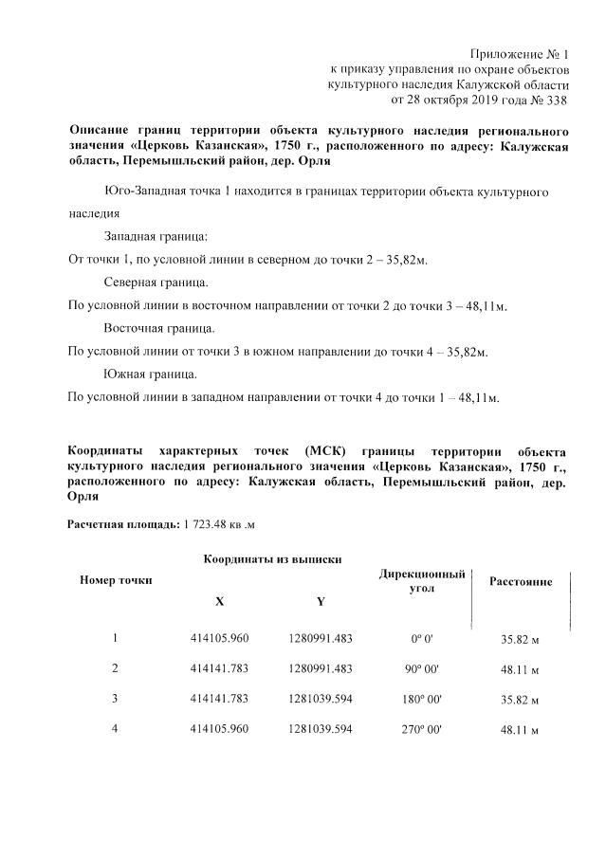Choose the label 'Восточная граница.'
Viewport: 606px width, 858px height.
(x=159, y=329)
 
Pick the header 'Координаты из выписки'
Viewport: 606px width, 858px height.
(x=272, y=559)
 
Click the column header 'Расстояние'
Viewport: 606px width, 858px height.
(x=520, y=581)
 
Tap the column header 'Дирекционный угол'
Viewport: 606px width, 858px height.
(x=422, y=581)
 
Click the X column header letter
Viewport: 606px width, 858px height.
(x=220, y=601)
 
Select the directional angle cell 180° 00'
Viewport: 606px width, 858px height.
(x=421, y=700)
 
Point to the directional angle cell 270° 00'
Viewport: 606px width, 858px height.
(x=421, y=730)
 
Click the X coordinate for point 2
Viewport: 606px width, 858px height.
(x=219, y=668)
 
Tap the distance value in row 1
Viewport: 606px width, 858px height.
(x=520, y=638)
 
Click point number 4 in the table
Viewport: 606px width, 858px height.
(x=115, y=730)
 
